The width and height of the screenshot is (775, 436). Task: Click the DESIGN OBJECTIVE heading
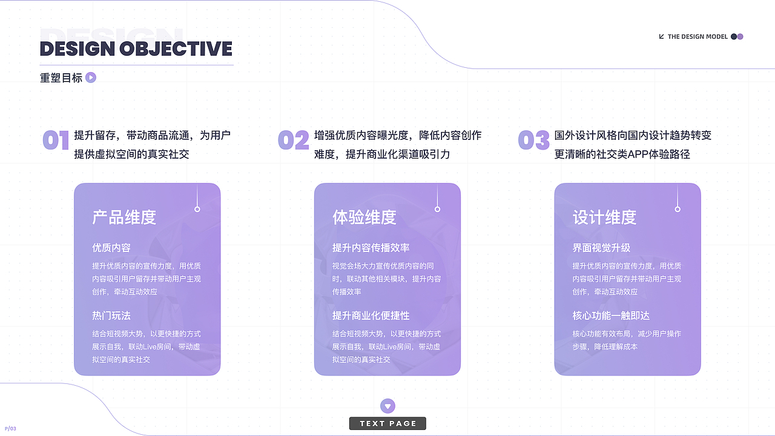[x=136, y=48]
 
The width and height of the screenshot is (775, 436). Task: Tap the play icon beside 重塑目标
[x=91, y=78]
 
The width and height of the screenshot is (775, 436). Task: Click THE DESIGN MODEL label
[x=697, y=36]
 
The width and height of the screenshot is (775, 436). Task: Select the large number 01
[x=56, y=140]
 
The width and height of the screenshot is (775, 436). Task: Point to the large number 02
[x=294, y=140]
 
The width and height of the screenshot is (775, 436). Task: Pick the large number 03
[x=533, y=140]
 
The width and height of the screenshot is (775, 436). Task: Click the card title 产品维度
[x=124, y=217]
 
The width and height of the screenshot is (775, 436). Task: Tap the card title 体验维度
[x=364, y=217]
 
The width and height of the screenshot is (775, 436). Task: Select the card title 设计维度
[x=604, y=217]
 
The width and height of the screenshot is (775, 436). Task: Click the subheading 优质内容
[x=111, y=248]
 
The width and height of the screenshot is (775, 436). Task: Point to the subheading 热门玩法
[x=111, y=315]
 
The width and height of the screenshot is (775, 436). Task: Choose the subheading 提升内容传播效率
[x=371, y=248]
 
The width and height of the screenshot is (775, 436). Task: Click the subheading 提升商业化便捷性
[x=371, y=315]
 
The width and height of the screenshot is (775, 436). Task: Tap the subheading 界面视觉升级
[x=601, y=248]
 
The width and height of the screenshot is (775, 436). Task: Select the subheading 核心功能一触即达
[x=611, y=315]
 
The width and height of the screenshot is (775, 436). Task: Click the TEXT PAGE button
[x=387, y=423]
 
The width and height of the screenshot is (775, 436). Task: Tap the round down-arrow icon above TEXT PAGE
[x=387, y=406]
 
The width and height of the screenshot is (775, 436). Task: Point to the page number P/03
[x=10, y=429]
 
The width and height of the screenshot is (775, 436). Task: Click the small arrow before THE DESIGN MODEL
[x=661, y=36]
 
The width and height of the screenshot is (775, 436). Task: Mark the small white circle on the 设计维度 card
[x=678, y=209]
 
